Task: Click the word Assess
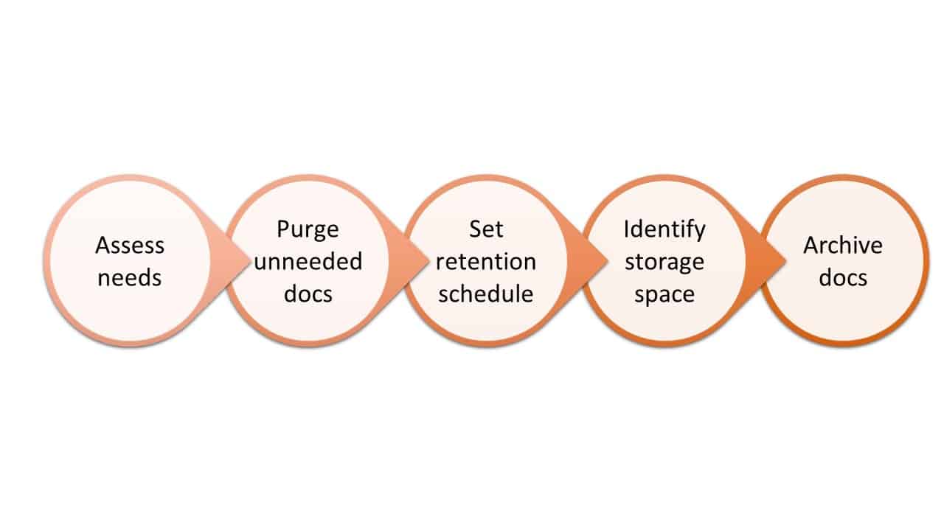tap(130, 246)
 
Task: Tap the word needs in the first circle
tap(130, 278)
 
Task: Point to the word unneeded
tap(308, 261)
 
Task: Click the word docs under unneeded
tap(308, 294)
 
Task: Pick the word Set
tap(486, 229)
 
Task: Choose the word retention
tap(486, 262)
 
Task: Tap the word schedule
tap(486, 294)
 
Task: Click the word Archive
tap(843, 246)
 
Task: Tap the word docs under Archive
tap(843, 278)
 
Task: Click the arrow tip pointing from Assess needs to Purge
tap(249, 261)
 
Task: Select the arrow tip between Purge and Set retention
tap(428, 261)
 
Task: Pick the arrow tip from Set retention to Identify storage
tap(607, 261)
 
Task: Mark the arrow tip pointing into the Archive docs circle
tap(785, 261)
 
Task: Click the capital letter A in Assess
tap(103, 246)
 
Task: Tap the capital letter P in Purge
tap(283, 229)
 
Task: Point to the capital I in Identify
tap(627, 229)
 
